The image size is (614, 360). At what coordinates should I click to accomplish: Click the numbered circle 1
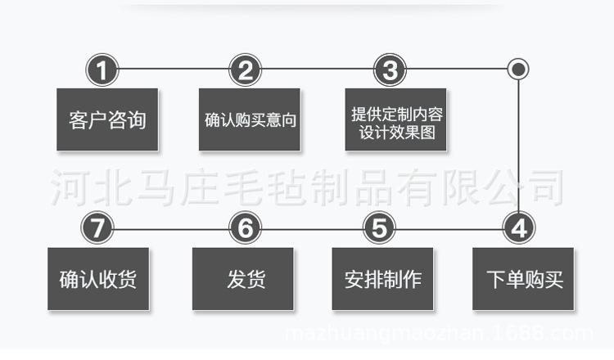click(x=102, y=70)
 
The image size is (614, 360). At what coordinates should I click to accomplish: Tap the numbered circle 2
click(x=245, y=70)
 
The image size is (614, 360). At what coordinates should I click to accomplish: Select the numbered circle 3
click(x=390, y=70)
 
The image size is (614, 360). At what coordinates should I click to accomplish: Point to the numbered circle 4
click(x=518, y=228)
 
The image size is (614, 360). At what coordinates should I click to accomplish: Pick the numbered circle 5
click(x=378, y=228)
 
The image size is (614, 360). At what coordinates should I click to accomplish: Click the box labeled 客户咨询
click(x=107, y=119)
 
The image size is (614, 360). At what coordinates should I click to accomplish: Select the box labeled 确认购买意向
click(x=250, y=119)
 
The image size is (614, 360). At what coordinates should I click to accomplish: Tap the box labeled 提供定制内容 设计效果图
click(x=395, y=119)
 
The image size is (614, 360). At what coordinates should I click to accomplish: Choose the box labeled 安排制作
click(x=382, y=279)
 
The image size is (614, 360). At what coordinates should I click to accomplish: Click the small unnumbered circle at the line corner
click(x=518, y=69)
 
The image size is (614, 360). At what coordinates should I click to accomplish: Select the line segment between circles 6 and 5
click(x=311, y=228)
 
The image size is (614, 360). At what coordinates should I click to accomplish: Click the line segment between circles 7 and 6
click(x=171, y=228)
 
